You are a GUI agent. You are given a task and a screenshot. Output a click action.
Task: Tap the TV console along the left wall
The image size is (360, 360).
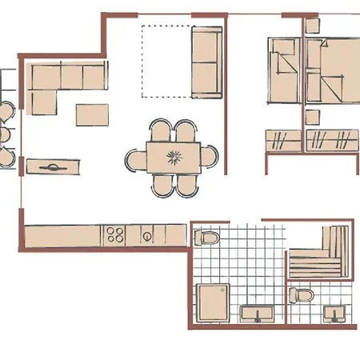point(54,166)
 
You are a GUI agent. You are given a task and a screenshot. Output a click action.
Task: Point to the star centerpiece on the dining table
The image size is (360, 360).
point(173,155)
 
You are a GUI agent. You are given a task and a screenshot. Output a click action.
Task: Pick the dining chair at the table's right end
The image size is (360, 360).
point(211,156)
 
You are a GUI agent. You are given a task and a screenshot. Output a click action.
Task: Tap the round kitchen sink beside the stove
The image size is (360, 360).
point(148,236)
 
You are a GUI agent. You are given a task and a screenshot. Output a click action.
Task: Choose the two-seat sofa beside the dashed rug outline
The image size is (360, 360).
point(206,62)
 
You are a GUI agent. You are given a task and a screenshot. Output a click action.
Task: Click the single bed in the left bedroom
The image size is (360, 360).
point(282,72)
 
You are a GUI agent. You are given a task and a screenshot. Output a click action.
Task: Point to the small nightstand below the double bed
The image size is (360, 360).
point(312,117)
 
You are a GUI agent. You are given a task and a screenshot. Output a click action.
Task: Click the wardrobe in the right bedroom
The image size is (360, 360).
point(332,141)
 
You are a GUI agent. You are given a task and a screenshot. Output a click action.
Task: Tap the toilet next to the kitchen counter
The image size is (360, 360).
point(206,238)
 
